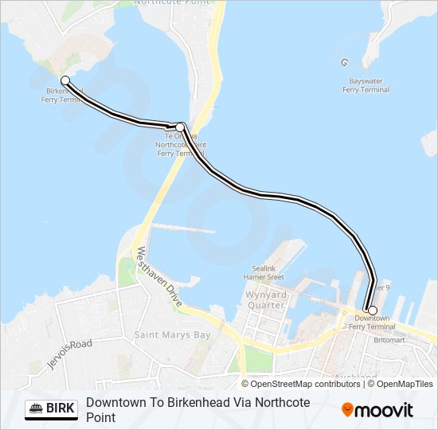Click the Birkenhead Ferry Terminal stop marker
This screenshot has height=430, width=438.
[x=65, y=80]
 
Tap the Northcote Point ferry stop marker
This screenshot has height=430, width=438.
[x=180, y=127]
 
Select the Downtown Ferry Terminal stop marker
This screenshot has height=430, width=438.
[x=372, y=310]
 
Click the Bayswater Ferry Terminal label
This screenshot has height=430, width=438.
[x=366, y=85]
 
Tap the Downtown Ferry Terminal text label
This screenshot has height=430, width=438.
[x=373, y=322]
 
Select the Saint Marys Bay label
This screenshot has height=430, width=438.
[x=172, y=335]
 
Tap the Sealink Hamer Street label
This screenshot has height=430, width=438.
[x=264, y=273]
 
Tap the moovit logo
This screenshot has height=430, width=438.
[x=377, y=410]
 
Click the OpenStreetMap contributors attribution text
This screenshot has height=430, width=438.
[x=305, y=384]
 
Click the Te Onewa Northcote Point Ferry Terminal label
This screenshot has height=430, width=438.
[x=180, y=145]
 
